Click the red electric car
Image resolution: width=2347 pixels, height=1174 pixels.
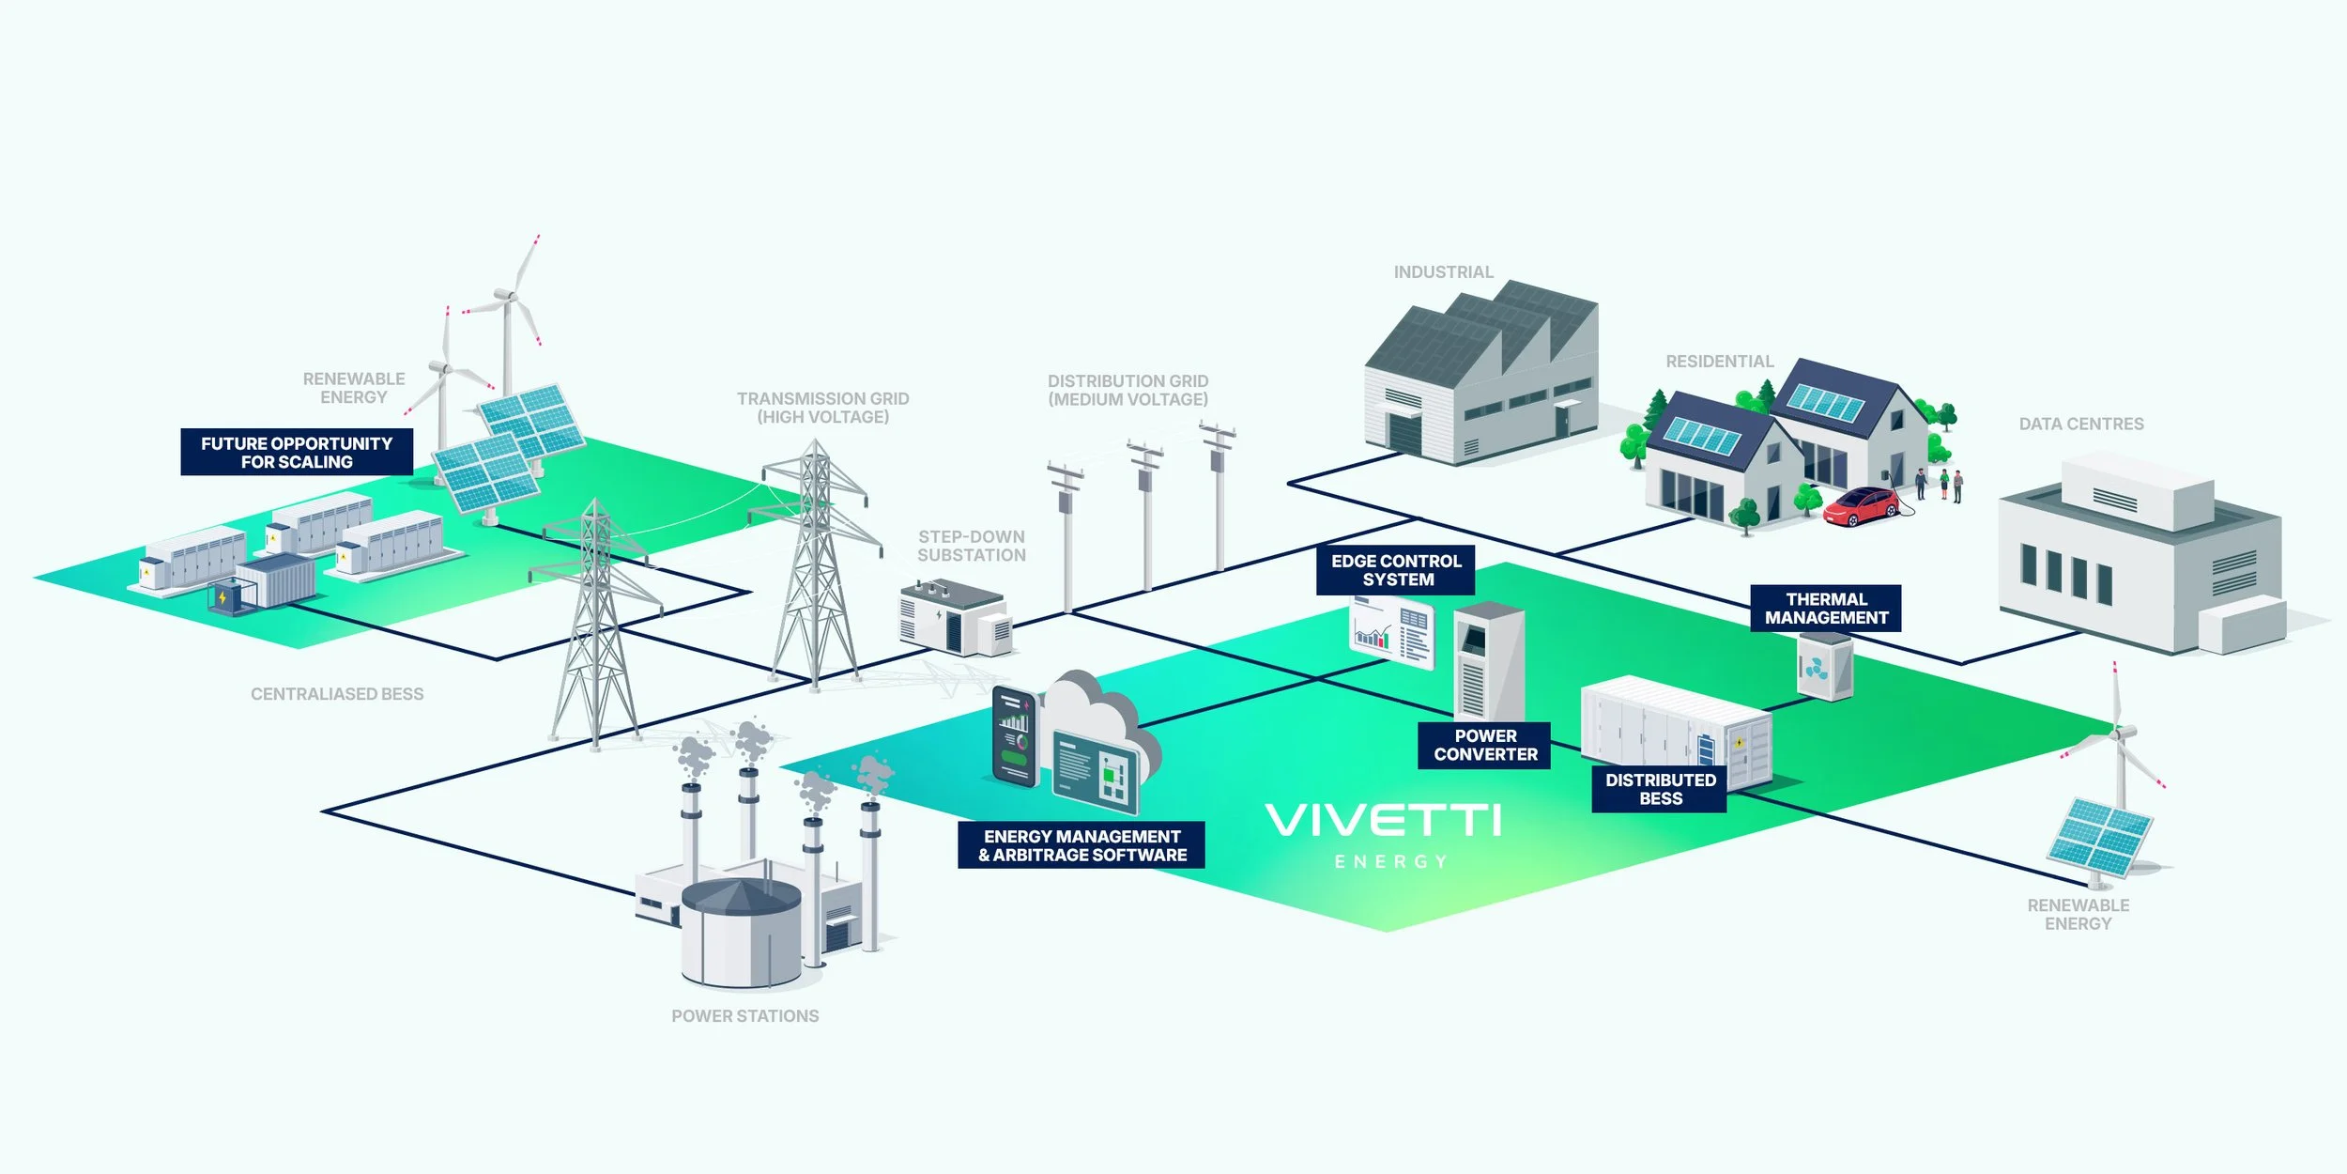point(1860,506)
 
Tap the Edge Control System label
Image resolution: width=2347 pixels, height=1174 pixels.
point(1396,570)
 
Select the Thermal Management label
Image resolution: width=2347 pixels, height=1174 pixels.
point(1826,609)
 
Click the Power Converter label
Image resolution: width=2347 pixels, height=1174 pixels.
point(1485,745)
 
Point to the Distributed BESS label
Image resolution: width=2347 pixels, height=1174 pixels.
point(1660,789)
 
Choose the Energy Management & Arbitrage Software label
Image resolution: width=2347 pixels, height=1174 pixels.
point(1081,845)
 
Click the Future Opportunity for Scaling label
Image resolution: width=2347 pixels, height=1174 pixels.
point(297,453)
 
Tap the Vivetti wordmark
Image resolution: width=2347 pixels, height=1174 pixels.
point(1383,820)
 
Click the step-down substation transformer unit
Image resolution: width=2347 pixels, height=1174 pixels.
point(953,617)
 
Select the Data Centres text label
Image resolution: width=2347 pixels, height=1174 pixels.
point(2081,425)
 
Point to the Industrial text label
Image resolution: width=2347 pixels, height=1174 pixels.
point(1443,272)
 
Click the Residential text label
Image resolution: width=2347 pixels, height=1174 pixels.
point(1719,362)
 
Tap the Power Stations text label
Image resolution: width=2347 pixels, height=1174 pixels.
point(744,1016)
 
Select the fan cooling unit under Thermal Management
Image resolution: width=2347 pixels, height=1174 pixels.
point(1823,667)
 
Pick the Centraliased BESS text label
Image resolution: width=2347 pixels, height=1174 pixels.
point(337,694)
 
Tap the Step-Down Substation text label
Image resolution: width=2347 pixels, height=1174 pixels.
point(972,546)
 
